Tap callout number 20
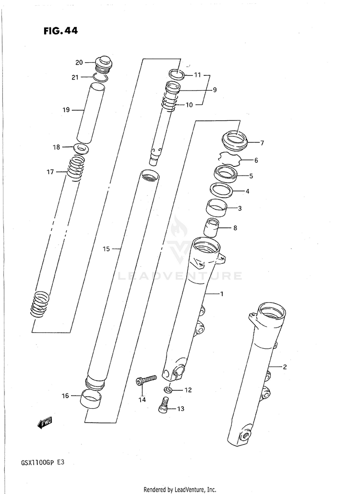click(79, 62)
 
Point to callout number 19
click(66, 110)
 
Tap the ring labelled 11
click(176, 74)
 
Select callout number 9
click(215, 90)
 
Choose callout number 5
click(251, 176)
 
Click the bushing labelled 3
click(216, 208)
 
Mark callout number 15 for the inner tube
click(107, 249)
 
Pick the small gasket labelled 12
click(167, 389)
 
